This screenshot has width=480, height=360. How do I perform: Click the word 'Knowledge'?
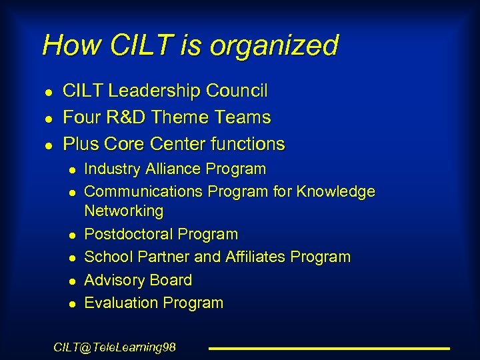click(x=335, y=192)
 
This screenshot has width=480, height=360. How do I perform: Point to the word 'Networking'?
click(x=124, y=211)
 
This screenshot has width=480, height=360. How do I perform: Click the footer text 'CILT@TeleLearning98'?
click(x=115, y=347)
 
